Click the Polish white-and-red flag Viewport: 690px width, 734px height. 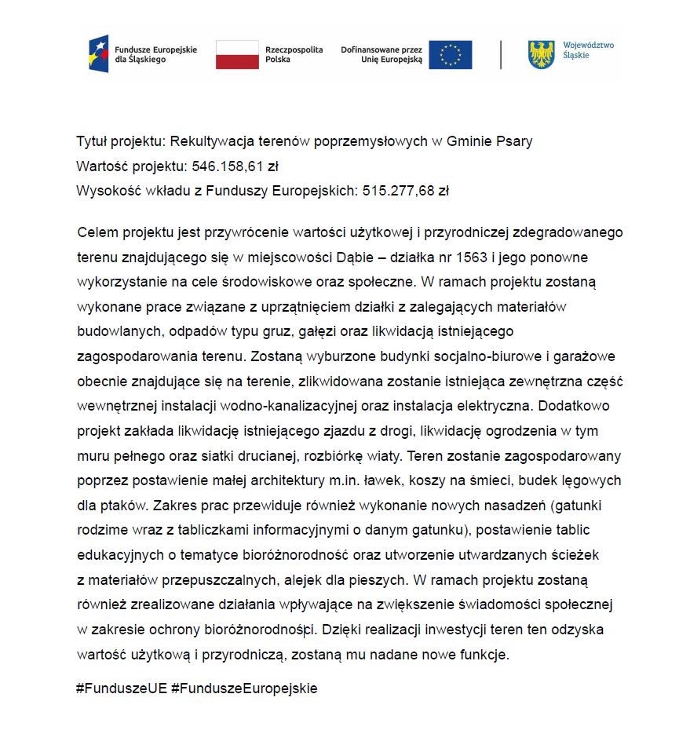click(237, 54)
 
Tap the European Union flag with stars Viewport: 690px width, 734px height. click(450, 54)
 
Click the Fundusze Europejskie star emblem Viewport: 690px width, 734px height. click(99, 54)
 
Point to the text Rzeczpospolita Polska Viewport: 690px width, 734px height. click(294, 54)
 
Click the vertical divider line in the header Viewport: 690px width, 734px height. click(501, 54)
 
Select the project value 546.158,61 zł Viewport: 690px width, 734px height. click(235, 166)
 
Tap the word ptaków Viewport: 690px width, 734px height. click(121, 504)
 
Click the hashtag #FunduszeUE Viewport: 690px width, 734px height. click(121, 688)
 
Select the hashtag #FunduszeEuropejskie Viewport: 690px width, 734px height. click(244, 688)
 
